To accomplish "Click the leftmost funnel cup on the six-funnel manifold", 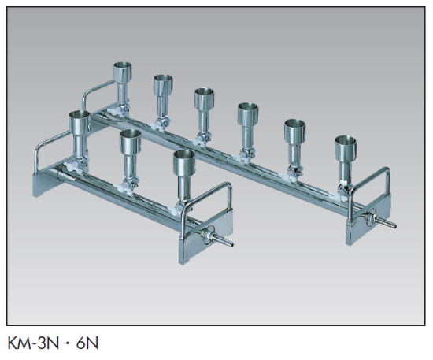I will tap(124, 72).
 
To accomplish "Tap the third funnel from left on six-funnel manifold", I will tap(205, 99).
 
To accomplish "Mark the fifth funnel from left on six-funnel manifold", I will tap(295, 130).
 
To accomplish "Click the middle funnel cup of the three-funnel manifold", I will tap(130, 143).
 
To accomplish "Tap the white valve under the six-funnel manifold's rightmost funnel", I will tap(344, 187).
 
